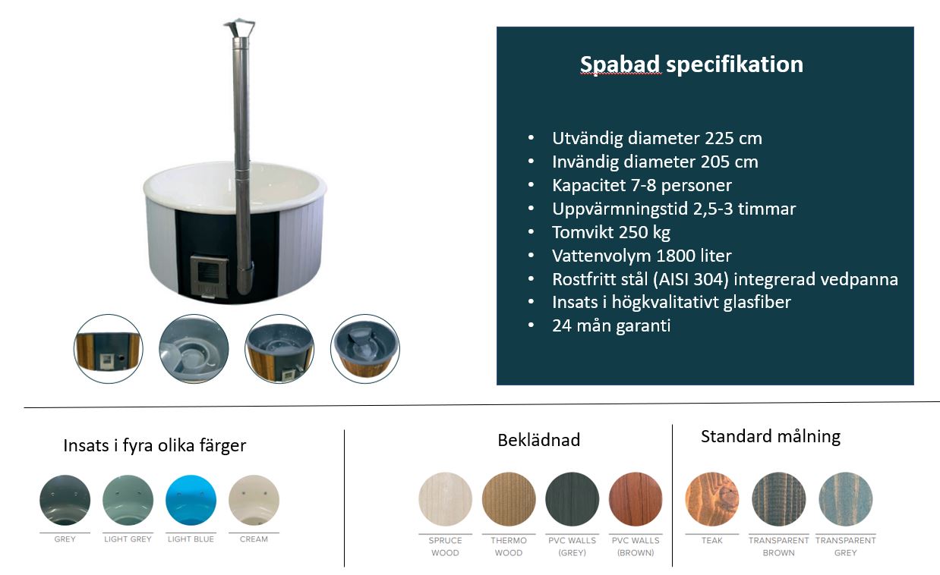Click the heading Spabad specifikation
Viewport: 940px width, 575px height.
pyautogui.click(x=692, y=65)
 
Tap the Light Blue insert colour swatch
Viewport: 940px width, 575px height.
pyautogui.click(x=191, y=500)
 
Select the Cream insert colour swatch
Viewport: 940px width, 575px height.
pyautogui.click(x=254, y=500)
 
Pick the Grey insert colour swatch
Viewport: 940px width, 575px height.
pyautogui.click(x=65, y=500)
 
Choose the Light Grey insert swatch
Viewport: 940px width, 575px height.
pyautogui.click(x=128, y=500)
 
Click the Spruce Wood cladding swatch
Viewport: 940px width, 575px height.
pyautogui.click(x=445, y=499)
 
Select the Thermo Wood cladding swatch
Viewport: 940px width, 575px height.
pyautogui.click(x=509, y=499)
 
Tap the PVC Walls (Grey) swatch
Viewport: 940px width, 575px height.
pyautogui.click(x=572, y=499)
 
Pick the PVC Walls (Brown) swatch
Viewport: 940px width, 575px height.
pyautogui.click(x=636, y=499)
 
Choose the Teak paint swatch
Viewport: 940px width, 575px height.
pyautogui.click(x=712, y=499)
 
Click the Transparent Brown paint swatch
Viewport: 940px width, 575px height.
pyautogui.click(x=779, y=499)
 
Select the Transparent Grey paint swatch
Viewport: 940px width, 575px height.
pyautogui.click(x=846, y=499)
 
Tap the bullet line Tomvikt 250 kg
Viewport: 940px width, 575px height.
pyautogui.click(x=611, y=233)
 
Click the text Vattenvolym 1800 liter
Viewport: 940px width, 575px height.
pyautogui.click(x=642, y=256)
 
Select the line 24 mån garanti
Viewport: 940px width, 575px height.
pyautogui.click(x=611, y=326)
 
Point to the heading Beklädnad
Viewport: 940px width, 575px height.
pyautogui.click(x=539, y=440)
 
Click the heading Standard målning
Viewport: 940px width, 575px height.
pyautogui.click(x=771, y=437)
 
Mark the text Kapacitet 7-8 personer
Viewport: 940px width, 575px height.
pyautogui.click(x=642, y=186)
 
